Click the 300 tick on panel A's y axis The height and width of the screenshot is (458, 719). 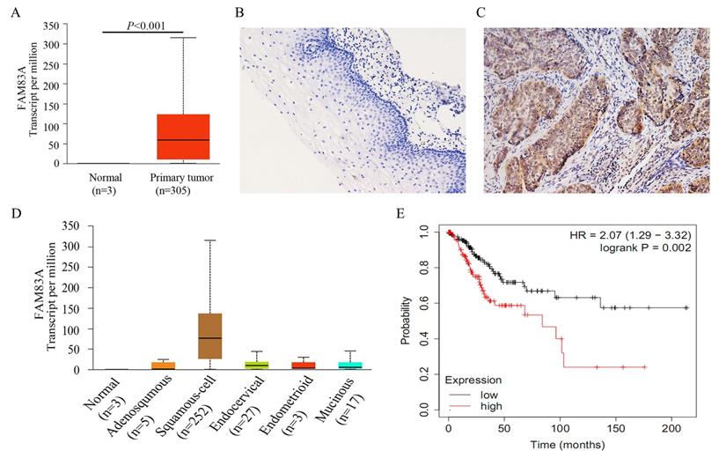coord(54,43)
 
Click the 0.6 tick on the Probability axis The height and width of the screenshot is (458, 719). coord(431,303)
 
